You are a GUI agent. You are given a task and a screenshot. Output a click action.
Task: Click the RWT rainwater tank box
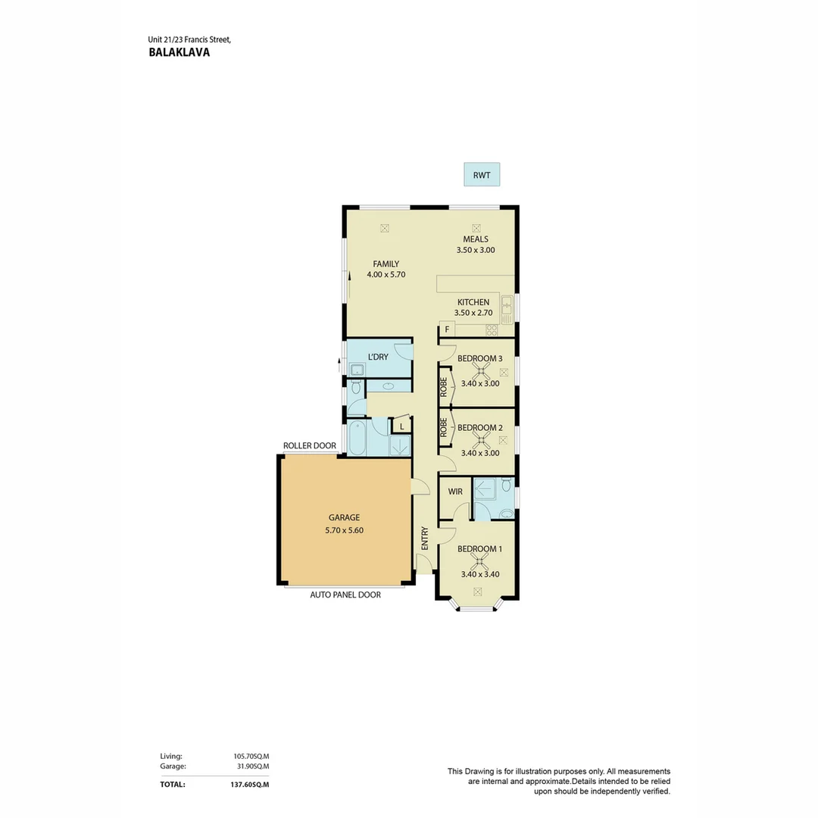[482, 175]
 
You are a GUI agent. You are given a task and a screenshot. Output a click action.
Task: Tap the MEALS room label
[476, 239]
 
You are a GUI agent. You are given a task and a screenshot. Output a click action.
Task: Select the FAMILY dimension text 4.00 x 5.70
[386, 274]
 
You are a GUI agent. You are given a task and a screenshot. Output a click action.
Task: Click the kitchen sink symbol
[507, 310]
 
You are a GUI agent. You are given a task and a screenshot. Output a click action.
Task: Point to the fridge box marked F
[447, 329]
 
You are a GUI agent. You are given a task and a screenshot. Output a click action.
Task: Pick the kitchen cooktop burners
[492, 329]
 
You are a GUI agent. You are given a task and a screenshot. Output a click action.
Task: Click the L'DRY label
[378, 357]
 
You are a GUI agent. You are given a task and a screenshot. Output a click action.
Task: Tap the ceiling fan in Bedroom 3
[480, 371]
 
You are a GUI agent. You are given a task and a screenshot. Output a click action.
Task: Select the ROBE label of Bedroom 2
[443, 428]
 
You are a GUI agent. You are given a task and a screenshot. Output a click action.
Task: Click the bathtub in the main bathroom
[357, 437]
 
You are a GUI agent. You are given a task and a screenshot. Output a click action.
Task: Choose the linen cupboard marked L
[401, 426]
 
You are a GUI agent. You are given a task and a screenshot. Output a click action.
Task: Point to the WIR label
[455, 492]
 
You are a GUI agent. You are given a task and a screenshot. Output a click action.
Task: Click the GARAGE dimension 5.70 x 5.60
[345, 530]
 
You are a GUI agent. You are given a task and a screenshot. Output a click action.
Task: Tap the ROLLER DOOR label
[310, 445]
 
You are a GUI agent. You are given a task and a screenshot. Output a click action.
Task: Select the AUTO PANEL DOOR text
[345, 595]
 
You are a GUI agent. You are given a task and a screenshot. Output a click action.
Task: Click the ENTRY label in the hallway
[425, 538]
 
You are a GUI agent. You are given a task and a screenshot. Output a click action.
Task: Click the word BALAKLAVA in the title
[180, 52]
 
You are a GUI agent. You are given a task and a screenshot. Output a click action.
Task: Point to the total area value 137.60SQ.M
[250, 784]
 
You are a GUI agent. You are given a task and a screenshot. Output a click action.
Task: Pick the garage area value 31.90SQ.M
[253, 766]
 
